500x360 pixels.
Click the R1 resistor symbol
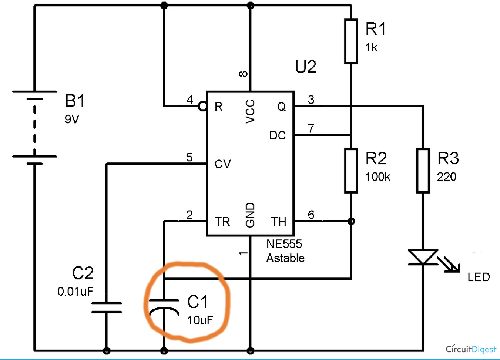(351, 41)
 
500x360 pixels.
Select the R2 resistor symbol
(351, 171)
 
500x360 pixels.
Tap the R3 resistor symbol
(423, 171)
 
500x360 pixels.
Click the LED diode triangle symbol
(423, 257)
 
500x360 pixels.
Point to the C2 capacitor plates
(107, 307)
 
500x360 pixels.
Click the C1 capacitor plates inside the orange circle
(164, 305)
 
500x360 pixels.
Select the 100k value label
(377, 177)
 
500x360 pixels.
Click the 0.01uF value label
(75, 292)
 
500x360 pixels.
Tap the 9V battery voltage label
(72, 119)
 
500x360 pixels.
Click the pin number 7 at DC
(311, 128)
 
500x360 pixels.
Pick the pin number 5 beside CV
(189, 157)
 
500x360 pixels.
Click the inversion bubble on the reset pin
(202, 107)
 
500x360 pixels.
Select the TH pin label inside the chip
(278, 222)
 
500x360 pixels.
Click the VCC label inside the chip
(250, 111)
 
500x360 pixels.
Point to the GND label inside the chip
(250, 215)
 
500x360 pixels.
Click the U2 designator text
(306, 67)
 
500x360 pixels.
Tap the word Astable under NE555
(285, 258)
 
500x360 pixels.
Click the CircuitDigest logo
(470, 349)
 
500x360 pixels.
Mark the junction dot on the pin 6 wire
(351, 221)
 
